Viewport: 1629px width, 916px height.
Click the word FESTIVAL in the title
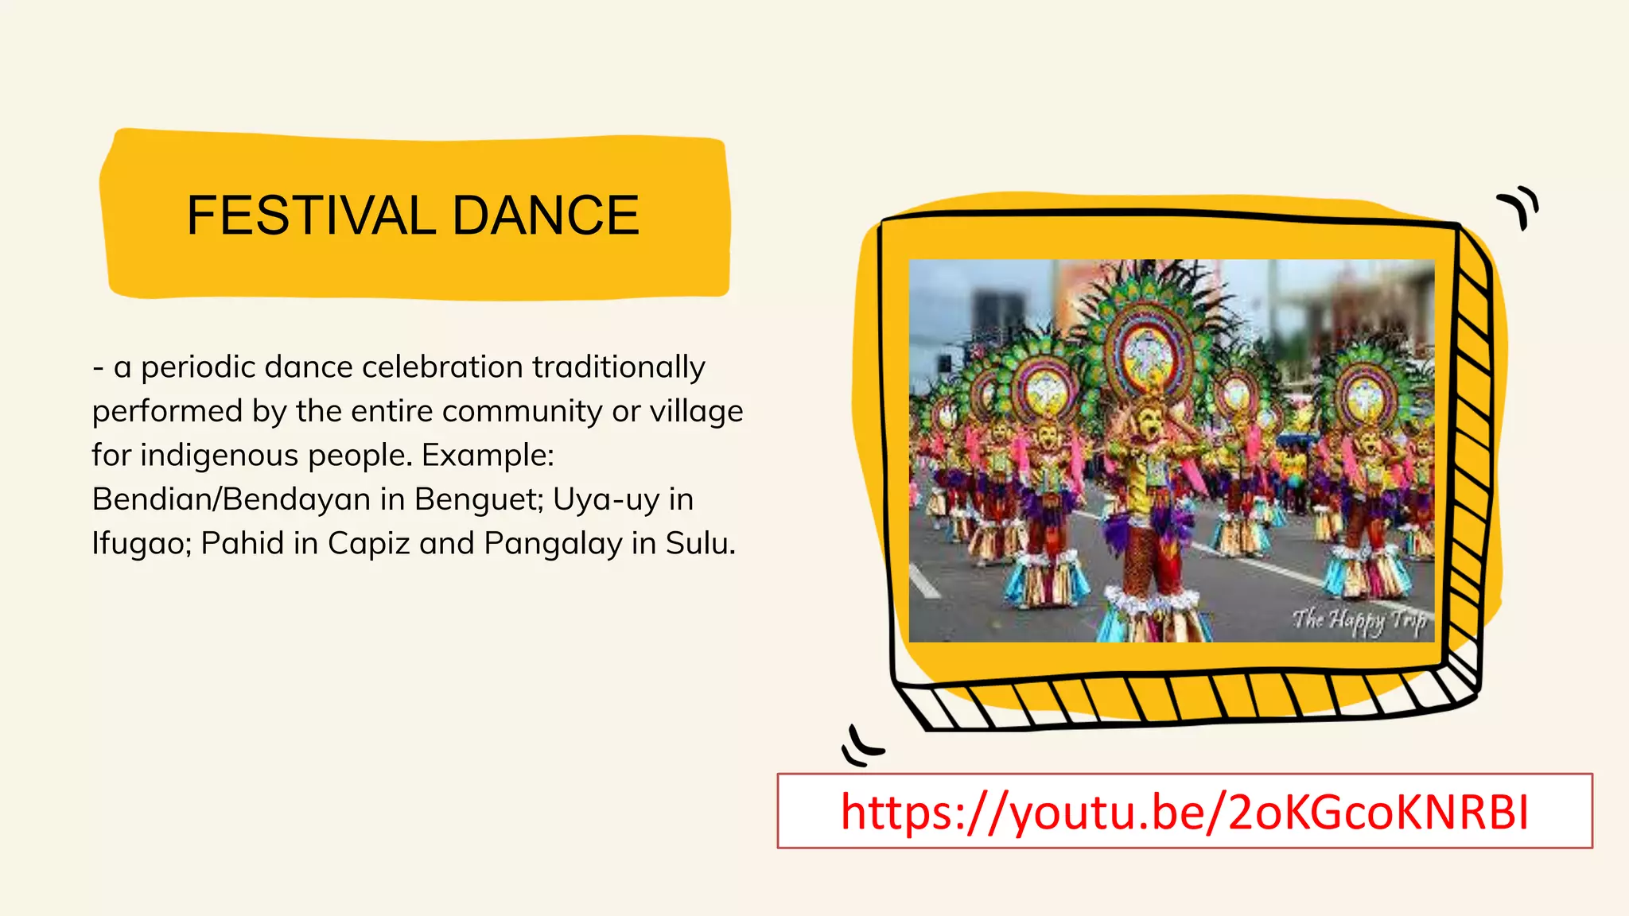coord(311,215)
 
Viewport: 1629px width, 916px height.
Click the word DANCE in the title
coord(546,215)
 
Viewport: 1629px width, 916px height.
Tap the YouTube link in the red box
coord(1184,812)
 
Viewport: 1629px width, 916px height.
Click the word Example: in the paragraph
coord(488,456)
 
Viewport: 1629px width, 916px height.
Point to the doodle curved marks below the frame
coord(861,746)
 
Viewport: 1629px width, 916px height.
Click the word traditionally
coord(618,367)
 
